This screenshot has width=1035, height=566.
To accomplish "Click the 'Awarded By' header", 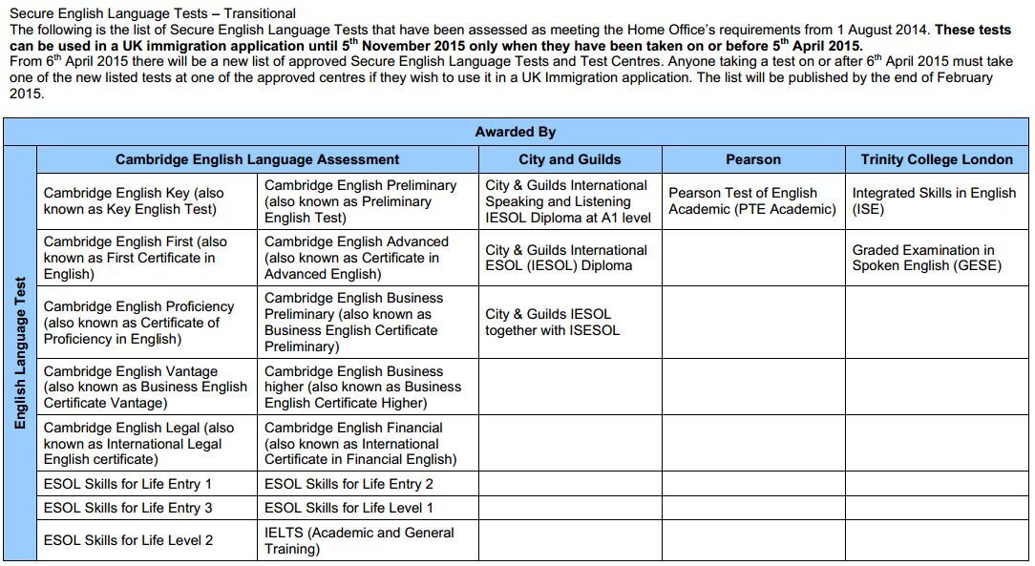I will (515, 132).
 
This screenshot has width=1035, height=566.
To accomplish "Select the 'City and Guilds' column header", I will (569, 159).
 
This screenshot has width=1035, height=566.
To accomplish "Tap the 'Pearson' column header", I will (752, 159).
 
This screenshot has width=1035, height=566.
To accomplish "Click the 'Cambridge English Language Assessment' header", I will (257, 159).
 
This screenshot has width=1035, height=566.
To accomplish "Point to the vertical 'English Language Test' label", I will (20, 352).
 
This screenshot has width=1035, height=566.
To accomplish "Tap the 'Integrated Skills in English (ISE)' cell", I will (933, 200).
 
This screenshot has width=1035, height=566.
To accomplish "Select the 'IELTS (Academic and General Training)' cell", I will (359, 540).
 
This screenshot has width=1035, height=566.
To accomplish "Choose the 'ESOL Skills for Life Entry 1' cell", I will (128, 484).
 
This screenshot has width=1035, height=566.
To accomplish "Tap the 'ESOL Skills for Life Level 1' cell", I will (349, 508).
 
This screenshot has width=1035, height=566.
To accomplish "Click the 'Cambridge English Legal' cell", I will (138, 444).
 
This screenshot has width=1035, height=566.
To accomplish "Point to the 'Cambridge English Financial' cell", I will (360, 444).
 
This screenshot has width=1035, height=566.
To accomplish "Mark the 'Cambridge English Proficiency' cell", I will (138, 323).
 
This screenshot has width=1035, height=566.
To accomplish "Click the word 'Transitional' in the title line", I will (260, 13).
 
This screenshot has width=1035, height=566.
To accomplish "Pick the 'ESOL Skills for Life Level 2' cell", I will (128, 540).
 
